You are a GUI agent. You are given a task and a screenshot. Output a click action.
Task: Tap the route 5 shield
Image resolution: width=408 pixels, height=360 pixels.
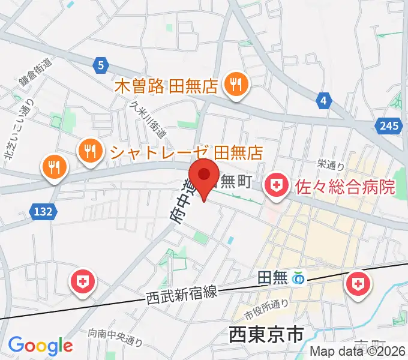click(100, 65)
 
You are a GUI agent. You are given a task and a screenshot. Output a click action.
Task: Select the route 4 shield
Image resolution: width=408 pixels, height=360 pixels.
click(323, 100)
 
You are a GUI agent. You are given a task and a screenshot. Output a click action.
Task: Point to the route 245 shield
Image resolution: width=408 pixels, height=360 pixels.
click(389, 125)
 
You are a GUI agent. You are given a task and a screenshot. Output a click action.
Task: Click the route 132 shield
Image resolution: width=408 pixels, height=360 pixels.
click(37, 211)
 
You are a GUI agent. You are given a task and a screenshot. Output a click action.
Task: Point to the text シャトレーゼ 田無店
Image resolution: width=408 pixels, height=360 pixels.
click(185, 151)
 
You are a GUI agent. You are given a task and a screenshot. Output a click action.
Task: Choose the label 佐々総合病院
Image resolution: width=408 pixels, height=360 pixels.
click(346, 186)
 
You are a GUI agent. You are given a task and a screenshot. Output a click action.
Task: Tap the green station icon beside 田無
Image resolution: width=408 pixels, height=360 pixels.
click(297, 278)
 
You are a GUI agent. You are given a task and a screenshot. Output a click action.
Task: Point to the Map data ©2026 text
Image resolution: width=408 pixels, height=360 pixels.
click(358, 352)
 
